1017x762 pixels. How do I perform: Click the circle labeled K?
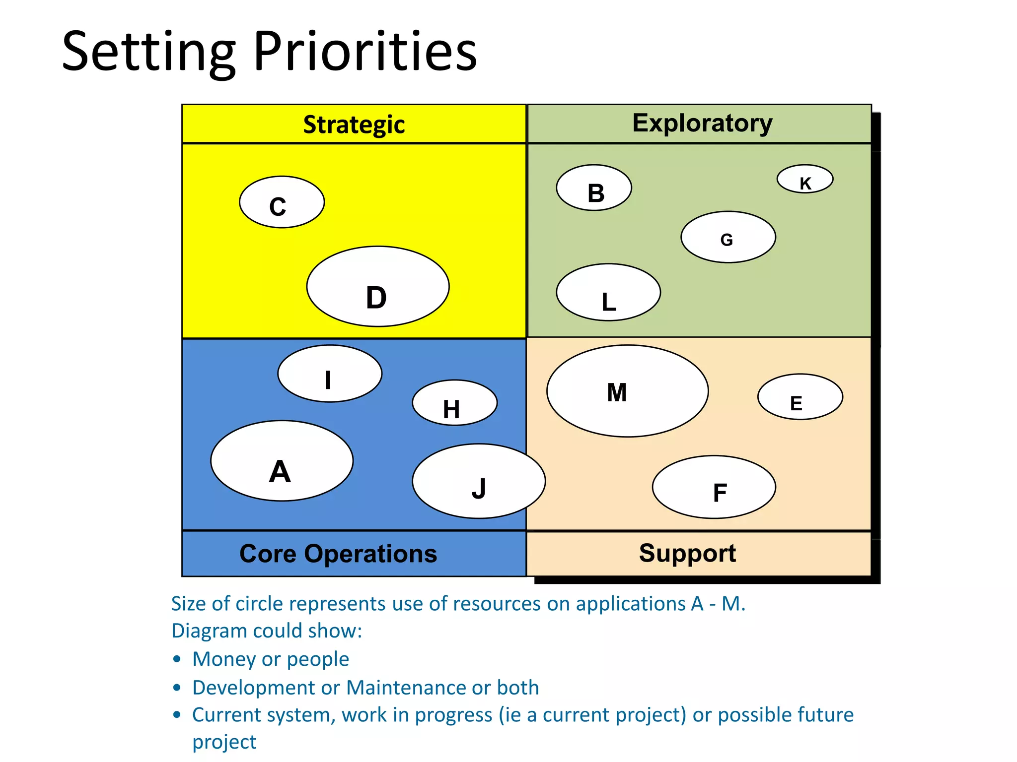pos(804,179)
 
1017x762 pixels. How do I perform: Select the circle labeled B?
pos(594,188)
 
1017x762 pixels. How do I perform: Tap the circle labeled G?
pos(728,237)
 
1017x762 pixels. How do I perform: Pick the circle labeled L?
pos(608,292)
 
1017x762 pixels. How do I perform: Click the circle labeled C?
pos(282,202)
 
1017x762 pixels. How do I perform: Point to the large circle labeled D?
pos(378,286)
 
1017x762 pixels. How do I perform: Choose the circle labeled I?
pos(330,374)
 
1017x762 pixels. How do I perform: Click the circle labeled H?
pos(454,403)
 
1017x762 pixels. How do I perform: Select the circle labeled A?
pos(282,461)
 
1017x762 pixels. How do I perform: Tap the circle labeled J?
pos(479,481)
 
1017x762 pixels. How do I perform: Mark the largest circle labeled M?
pos(627,391)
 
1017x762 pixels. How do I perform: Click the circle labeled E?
pos(800,397)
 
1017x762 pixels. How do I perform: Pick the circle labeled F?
pos(714,487)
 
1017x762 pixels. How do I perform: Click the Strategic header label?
pos(354,124)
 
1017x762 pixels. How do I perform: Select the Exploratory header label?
pos(702,123)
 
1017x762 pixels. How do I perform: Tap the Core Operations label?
pos(338,554)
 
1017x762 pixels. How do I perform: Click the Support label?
pos(687,553)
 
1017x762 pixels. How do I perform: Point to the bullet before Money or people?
pos(177,659)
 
